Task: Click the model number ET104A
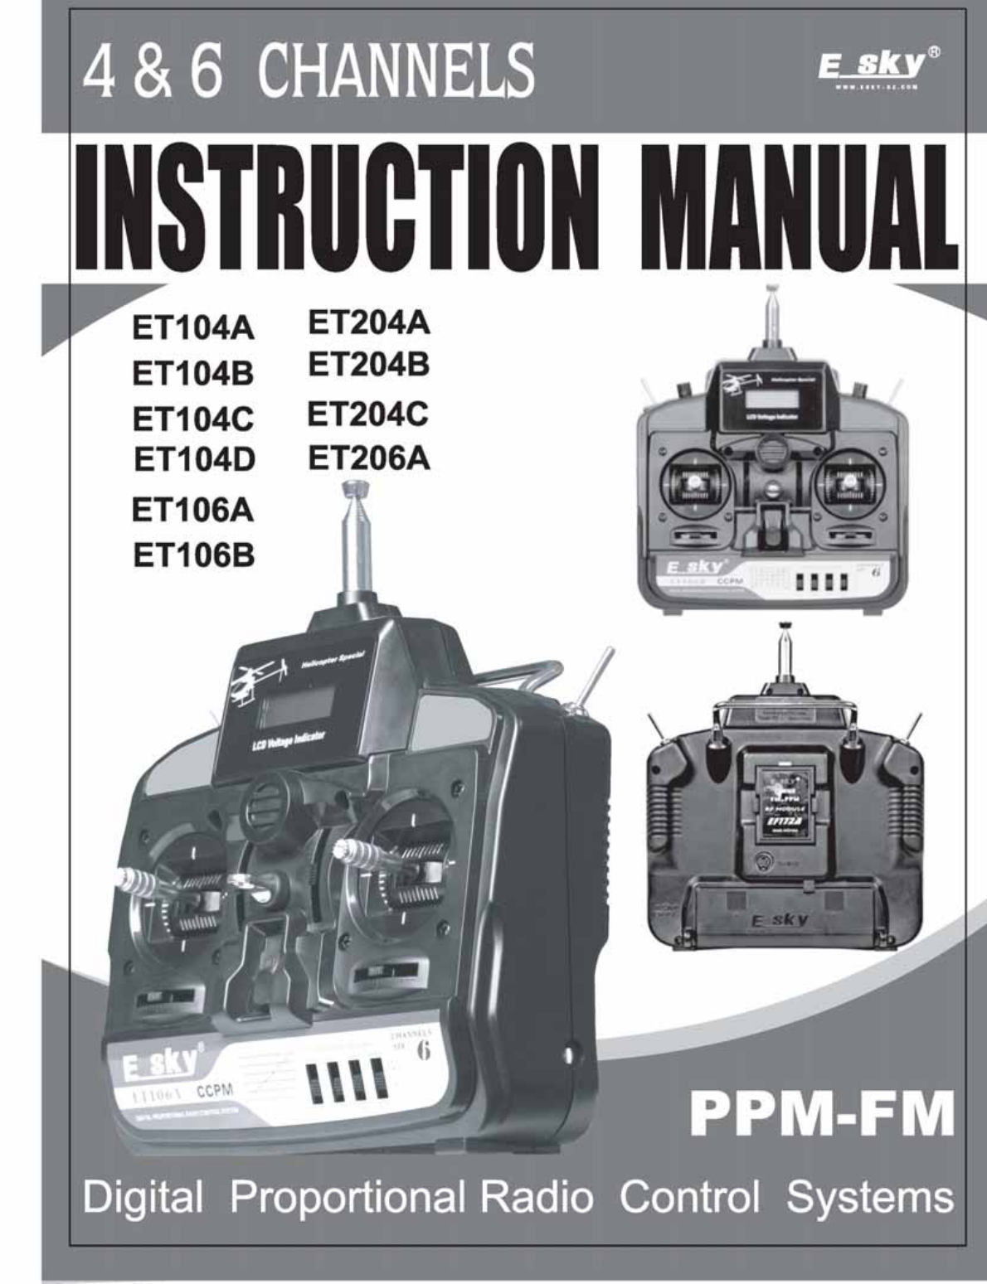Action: (194, 329)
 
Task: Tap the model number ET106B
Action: (194, 555)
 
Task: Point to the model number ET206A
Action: (369, 458)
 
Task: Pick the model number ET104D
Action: (195, 458)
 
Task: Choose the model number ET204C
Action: (368, 412)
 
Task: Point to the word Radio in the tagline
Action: (537, 1197)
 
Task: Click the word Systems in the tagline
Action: (870, 1197)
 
